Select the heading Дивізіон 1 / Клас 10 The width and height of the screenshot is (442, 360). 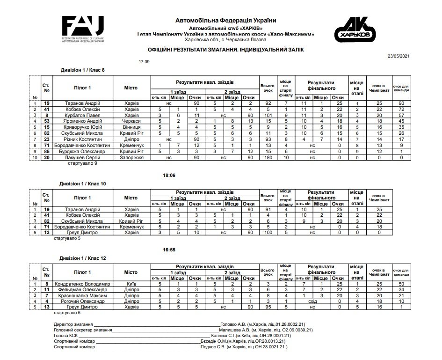tap(84, 184)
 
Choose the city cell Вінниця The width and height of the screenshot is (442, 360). tap(131, 126)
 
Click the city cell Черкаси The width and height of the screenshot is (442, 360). tap(131, 120)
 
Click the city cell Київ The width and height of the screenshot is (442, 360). tap(131, 284)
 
